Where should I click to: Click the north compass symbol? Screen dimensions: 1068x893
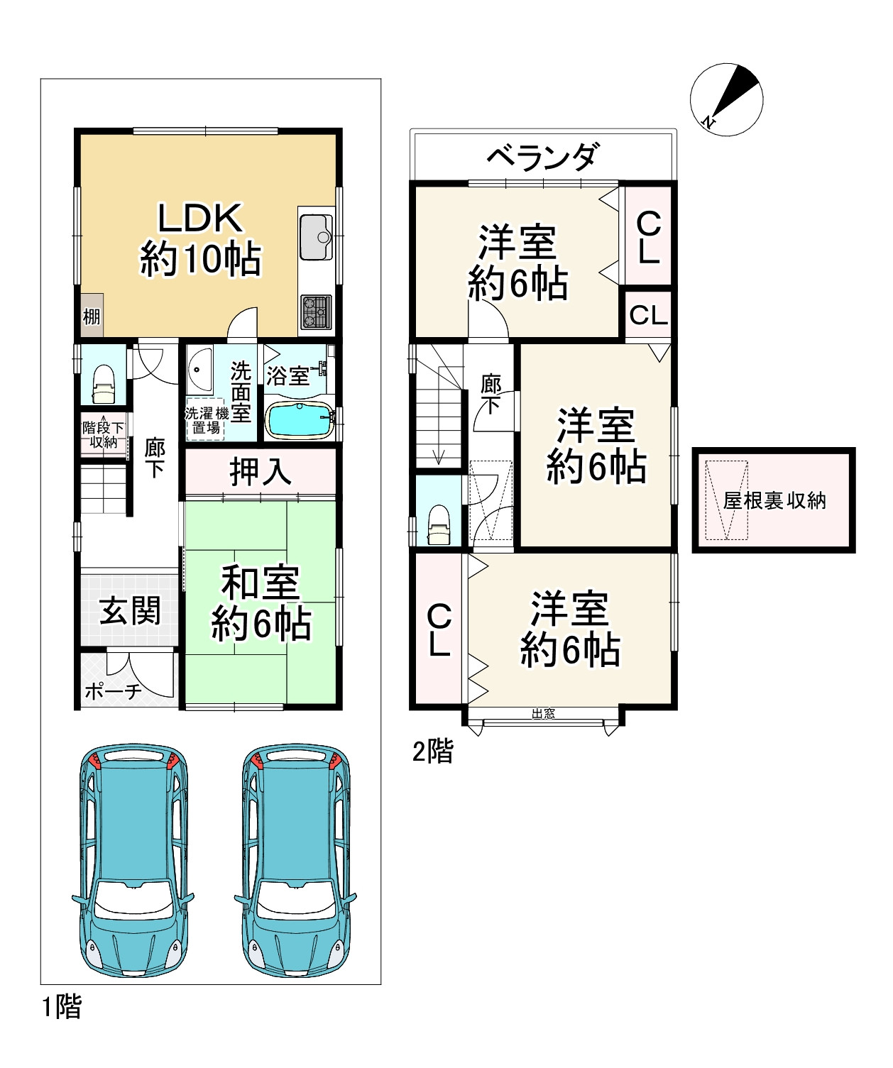point(726,99)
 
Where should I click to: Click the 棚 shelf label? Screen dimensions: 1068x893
point(92,316)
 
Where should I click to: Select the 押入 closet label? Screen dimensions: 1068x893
point(261,472)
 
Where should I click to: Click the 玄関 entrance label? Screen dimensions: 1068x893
point(130,611)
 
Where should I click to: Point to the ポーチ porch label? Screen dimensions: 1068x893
point(114,691)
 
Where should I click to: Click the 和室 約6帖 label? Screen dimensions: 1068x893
point(261,603)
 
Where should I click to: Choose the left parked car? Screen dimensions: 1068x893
point(131,861)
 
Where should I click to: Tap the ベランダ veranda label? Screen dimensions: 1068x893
point(544,156)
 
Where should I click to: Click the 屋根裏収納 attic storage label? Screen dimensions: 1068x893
point(774,500)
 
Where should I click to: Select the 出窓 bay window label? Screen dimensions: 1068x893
point(543,714)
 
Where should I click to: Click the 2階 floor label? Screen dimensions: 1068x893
point(432,752)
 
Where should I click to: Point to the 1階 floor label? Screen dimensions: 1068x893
point(62,1006)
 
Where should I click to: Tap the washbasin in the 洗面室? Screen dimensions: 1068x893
point(200,369)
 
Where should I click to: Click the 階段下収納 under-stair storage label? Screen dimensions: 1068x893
point(104,434)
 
